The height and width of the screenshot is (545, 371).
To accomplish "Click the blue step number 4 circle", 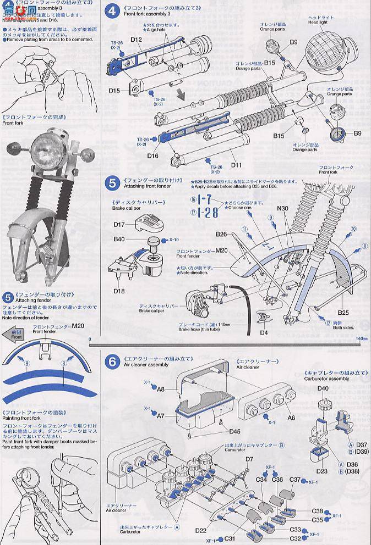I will coord(113,11).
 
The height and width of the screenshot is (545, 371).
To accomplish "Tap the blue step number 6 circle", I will coord(112,362).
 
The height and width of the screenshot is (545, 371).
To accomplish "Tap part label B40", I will coord(119,239).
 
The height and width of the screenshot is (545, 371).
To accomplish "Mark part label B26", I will coord(221,234).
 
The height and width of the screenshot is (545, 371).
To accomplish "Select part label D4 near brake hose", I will coord(264,332).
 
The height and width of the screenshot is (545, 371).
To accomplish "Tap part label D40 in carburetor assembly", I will coord(323,388).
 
